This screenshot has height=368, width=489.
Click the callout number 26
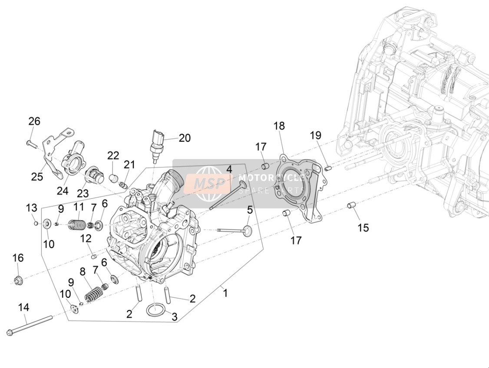(x=34, y=121)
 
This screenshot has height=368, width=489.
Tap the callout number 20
(x=185, y=137)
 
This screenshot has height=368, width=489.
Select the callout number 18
(x=279, y=126)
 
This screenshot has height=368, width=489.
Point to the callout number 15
(x=363, y=228)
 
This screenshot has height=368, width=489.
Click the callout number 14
(x=24, y=308)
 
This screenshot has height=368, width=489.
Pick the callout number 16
(x=18, y=258)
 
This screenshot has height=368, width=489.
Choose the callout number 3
(x=175, y=317)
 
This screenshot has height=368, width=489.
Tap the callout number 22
(x=113, y=155)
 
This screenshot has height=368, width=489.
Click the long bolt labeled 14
(x=29, y=326)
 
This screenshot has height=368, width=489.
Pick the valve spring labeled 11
(x=76, y=225)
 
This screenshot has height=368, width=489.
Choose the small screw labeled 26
(x=31, y=144)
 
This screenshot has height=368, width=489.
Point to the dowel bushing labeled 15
(x=351, y=205)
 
